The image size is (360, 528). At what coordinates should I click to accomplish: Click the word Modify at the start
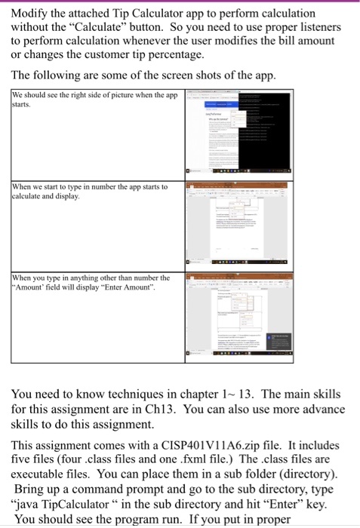click(x=32, y=14)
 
